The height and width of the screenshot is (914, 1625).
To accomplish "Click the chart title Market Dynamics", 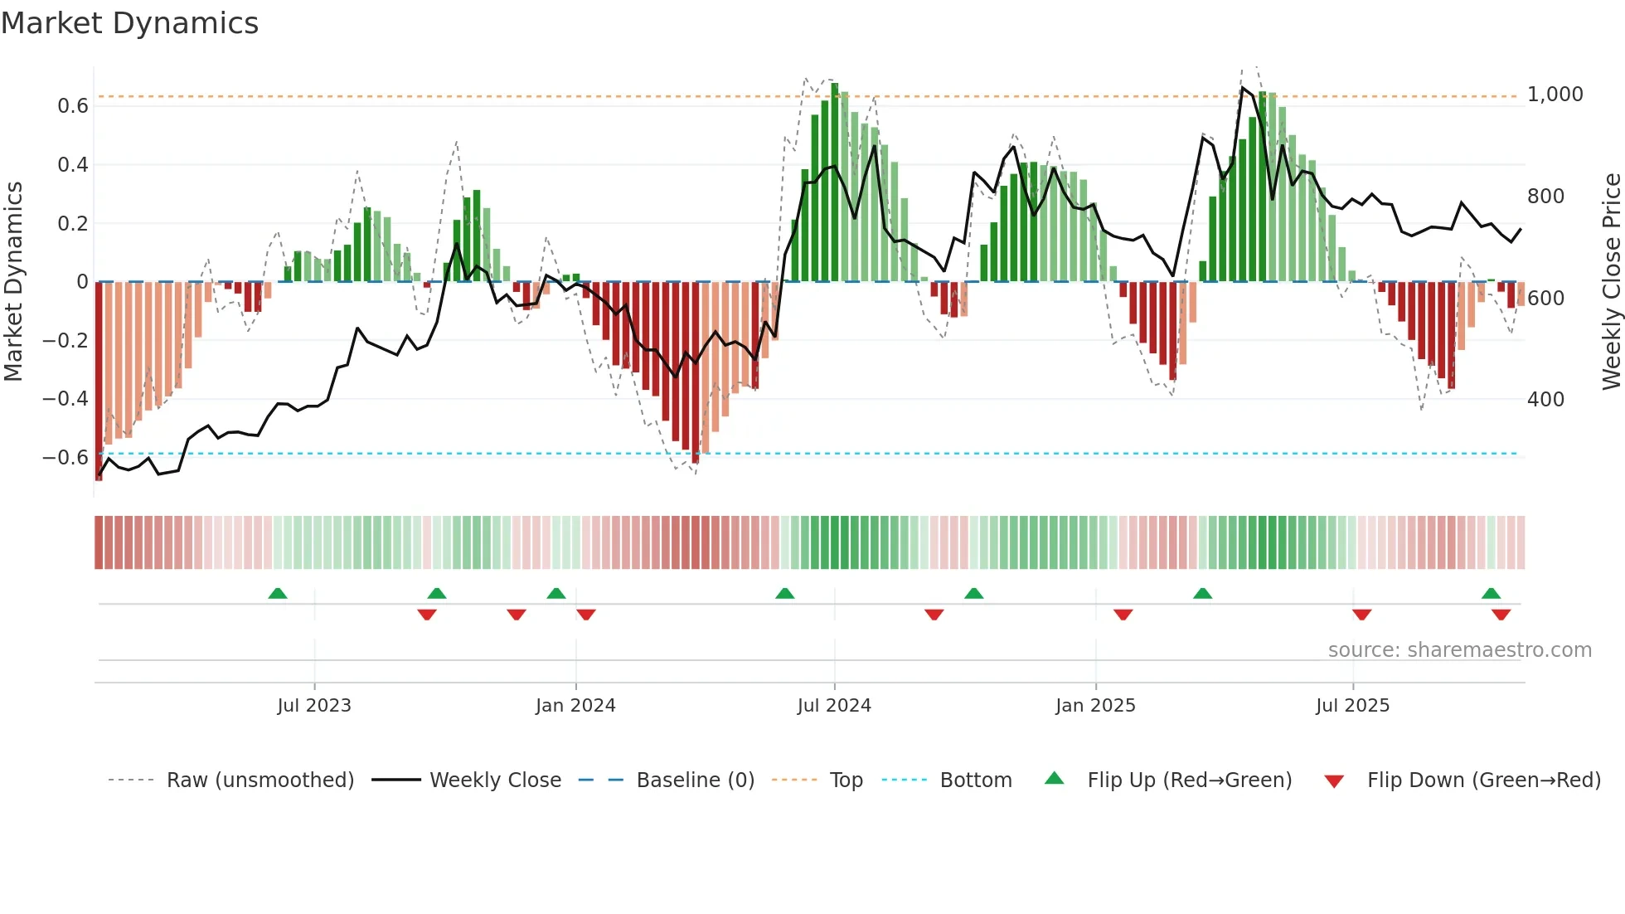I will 130,23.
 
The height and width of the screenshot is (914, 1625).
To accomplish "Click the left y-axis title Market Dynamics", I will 13,281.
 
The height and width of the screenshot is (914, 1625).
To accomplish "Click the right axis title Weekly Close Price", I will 1611,281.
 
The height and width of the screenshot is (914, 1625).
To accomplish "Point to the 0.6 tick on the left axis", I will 73,106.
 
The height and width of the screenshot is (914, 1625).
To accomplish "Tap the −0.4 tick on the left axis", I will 65,399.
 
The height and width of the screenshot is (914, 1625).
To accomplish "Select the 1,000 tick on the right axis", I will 1555,95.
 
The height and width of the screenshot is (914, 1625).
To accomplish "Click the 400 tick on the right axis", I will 1545,400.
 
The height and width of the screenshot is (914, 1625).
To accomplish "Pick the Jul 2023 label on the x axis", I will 314,706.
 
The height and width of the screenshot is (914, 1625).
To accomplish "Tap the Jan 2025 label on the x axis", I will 1095,706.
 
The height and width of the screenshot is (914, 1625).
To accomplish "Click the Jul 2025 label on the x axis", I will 1352,706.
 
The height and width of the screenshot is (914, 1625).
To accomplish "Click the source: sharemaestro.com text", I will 1459,650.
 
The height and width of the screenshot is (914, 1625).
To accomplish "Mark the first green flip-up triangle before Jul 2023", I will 278,594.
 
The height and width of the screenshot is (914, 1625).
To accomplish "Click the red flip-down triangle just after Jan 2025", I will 1123,615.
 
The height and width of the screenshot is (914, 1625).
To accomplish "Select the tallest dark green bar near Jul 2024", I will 835,182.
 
